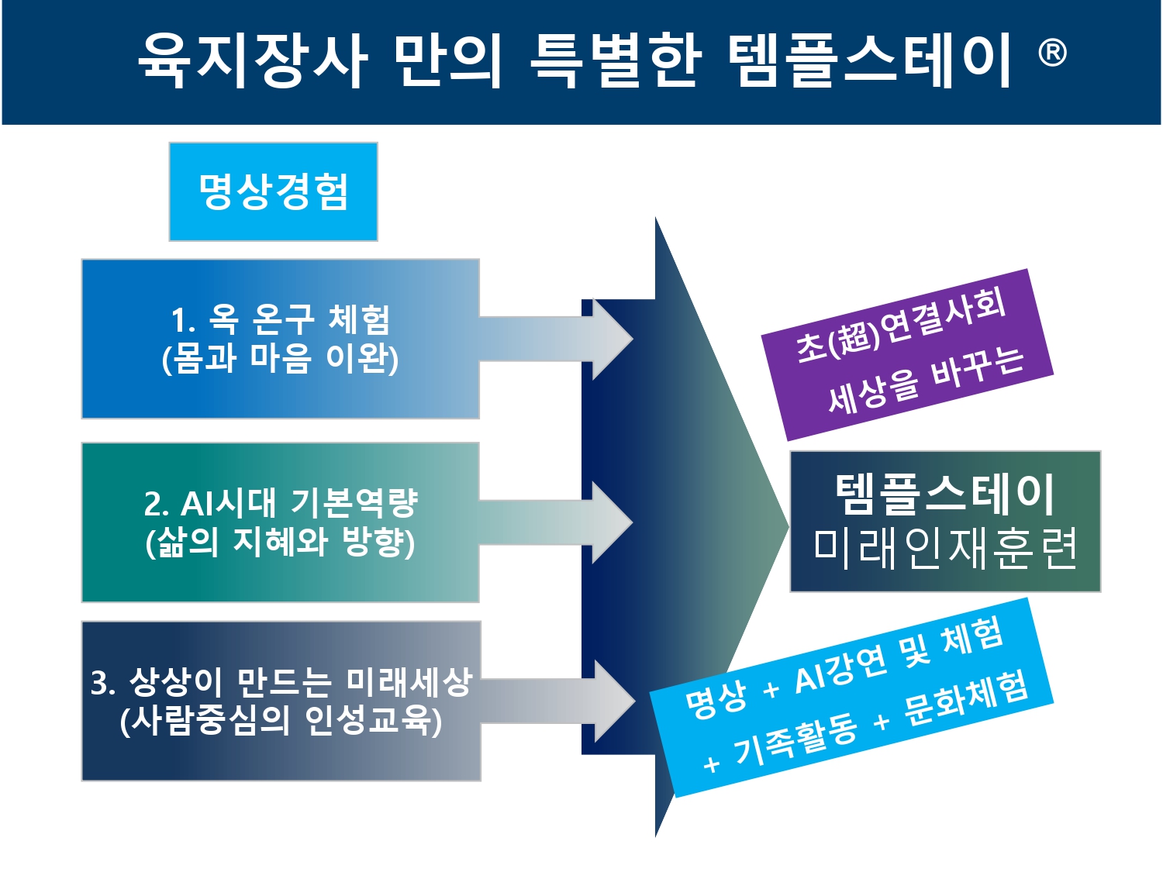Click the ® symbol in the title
click(1051, 53)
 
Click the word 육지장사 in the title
click(252, 60)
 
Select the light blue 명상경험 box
click(274, 191)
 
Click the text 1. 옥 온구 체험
click(281, 320)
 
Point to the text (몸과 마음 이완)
click(281, 359)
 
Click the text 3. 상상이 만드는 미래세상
click(281, 682)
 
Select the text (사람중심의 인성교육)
click(281, 721)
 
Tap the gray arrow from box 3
click(557, 701)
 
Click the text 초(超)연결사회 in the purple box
click(901, 325)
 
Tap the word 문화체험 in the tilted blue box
click(965, 701)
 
